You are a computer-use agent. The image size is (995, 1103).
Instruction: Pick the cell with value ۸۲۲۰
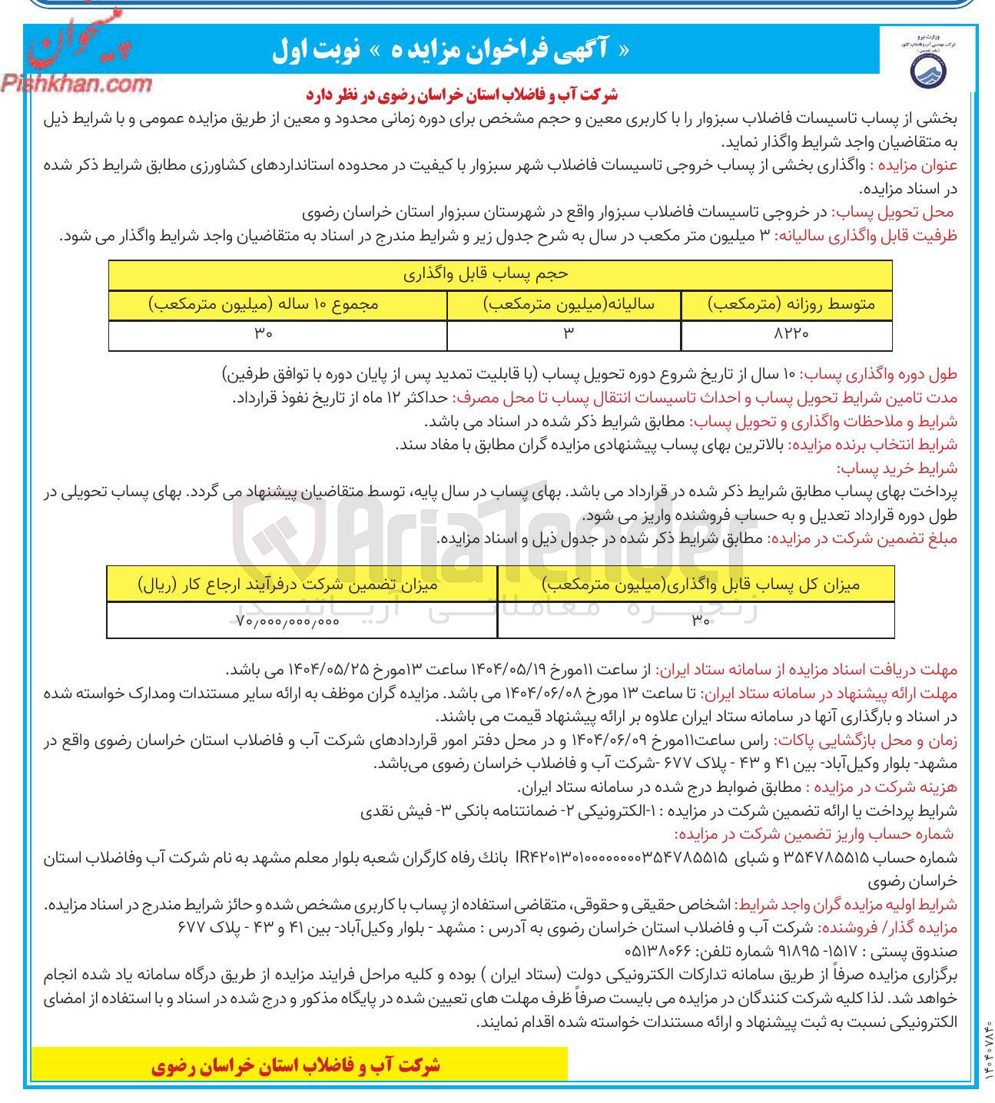[787, 334]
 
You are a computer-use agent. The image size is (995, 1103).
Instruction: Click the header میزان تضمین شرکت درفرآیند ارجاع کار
[288, 585]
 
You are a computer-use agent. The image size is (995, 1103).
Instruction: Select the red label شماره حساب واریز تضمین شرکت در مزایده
[814, 834]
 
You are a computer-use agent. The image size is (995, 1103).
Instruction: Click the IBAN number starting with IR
[623, 857]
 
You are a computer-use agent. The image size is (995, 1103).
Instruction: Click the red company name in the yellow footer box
[296, 1065]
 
